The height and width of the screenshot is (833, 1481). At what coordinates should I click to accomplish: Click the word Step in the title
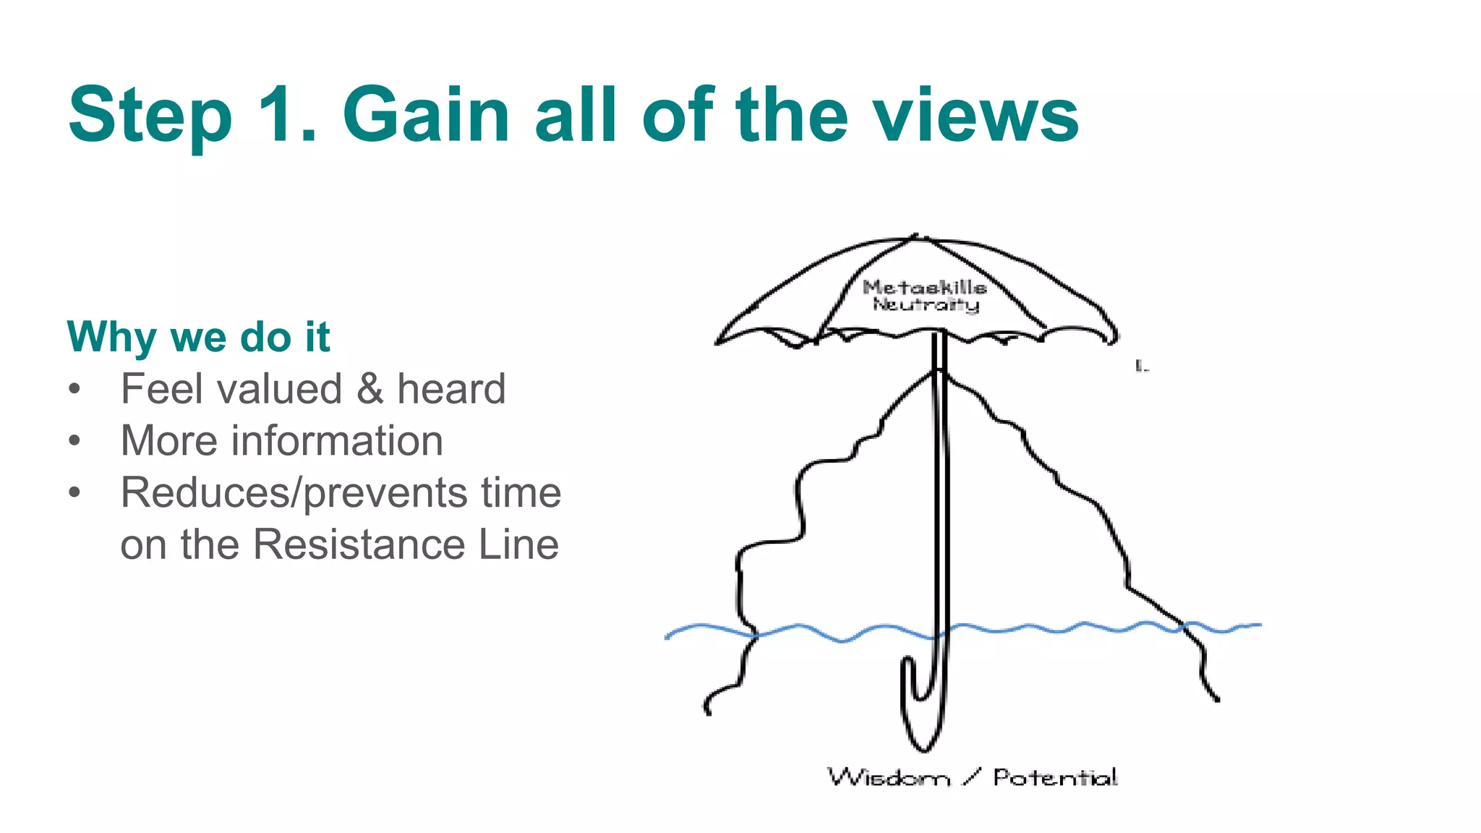pos(150,116)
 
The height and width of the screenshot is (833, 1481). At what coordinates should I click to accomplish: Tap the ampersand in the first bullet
pos(370,389)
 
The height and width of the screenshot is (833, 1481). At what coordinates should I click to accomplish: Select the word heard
pos(451,389)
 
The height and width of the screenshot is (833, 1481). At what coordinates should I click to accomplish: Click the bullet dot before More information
pos(74,440)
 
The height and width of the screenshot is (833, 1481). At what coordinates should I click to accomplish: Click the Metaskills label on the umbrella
pos(924,287)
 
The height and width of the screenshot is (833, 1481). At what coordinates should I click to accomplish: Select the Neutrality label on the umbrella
pos(926,304)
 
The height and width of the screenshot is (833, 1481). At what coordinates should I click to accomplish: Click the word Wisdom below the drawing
pos(888,778)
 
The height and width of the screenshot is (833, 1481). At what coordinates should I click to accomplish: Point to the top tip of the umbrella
pos(916,236)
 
